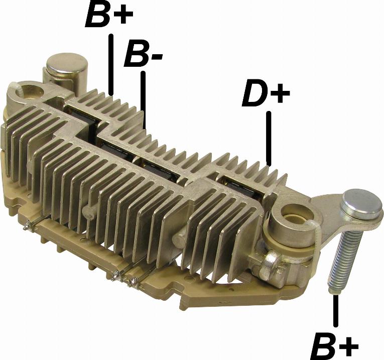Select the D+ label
point(266,93)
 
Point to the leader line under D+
point(270,138)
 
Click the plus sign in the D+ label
point(282,93)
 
